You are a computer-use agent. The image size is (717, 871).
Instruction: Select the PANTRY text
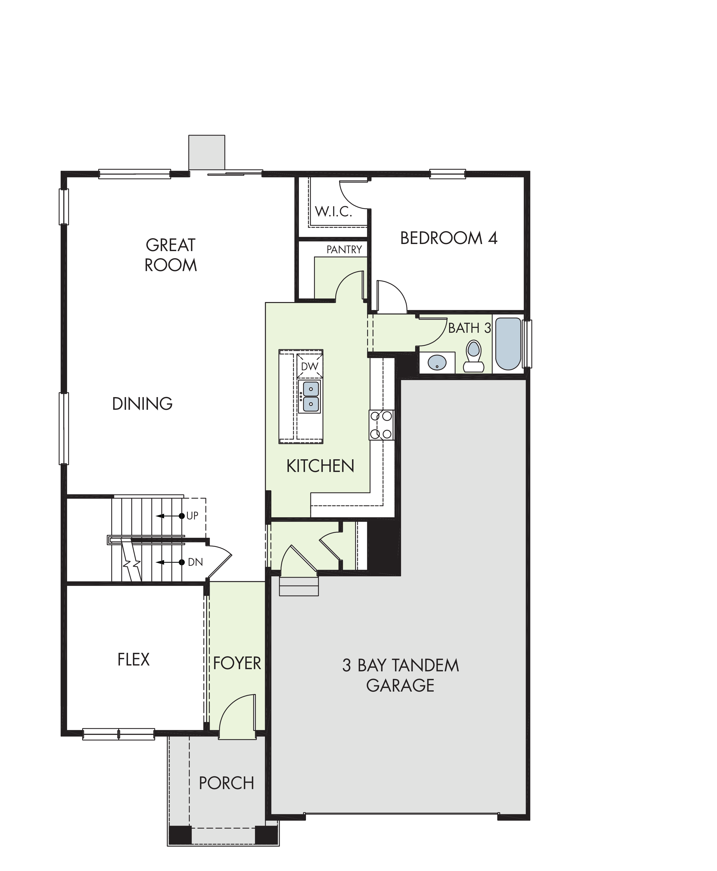pos(344,249)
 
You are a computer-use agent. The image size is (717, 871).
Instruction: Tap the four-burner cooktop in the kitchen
pos(381,425)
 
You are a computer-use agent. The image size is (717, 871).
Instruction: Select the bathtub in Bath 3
pos(508,344)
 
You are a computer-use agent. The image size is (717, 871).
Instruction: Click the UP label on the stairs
pos(192,516)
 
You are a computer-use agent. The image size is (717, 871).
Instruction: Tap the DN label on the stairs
pos(195,562)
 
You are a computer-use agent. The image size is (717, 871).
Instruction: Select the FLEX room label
pos(133,660)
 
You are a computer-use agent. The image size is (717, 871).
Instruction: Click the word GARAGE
pos(400,685)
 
